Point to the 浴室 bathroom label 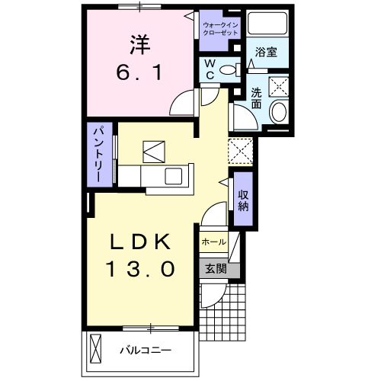pyautogui.click(x=266, y=53)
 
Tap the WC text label pyautogui.click(x=207, y=70)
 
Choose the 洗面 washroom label pyautogui.click(x=258, y=98)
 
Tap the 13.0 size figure pyautogui.click(x=141, y=269)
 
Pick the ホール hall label pyautogui.click(x=213, y=242)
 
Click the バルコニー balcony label pyautogui.click(x=145, y=351)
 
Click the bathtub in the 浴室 pyautogui.click(x=267, y=25)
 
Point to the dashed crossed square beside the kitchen pyautogui.click(x=241, y=150)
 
